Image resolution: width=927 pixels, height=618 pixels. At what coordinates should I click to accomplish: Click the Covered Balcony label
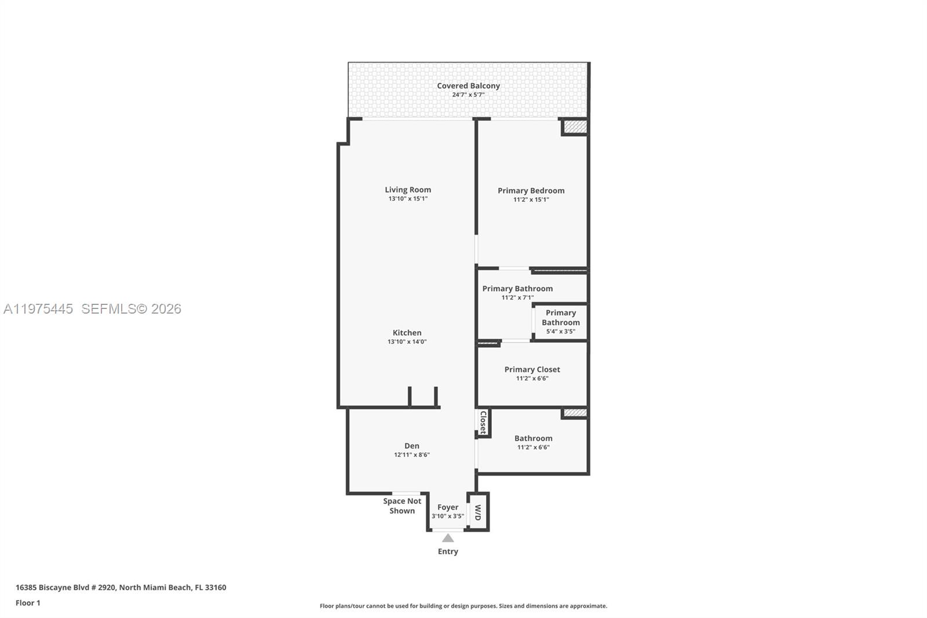pos(468,86)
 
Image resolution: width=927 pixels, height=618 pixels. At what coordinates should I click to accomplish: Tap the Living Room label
pos(408,190)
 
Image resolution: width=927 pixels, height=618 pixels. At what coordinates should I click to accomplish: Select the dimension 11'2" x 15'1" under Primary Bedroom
pos(531,199)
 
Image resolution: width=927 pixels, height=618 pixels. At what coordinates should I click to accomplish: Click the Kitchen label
pos(407,333)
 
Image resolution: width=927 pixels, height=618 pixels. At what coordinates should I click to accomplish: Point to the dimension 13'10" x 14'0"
pos(407,342)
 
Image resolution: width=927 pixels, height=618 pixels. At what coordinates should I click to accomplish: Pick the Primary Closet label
pos(532,369)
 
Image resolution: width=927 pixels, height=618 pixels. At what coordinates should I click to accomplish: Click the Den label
pos(411,446)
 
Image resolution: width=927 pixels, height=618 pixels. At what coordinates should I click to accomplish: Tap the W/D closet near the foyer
pos(478,512)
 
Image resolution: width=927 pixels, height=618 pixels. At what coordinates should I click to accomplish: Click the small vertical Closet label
pos(483,423)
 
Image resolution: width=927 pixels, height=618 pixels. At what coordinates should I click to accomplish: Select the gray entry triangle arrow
pos(448,538)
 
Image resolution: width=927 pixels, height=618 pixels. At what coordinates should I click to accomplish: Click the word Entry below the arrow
pos(448,551)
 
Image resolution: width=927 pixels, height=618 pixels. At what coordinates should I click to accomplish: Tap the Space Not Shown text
pos(402,506)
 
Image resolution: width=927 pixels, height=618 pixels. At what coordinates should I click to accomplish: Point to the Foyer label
pos(448,507)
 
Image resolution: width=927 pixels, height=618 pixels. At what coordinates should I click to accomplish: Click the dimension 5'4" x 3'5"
pos(560,332)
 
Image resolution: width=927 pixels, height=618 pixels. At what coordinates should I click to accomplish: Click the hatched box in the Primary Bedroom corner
pos(575,126)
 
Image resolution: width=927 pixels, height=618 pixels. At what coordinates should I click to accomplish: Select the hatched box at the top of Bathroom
pos(575,413)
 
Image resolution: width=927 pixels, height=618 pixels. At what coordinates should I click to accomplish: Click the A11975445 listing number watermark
pos(38,309)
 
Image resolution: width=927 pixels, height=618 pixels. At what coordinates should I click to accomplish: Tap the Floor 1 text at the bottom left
pos(28,603)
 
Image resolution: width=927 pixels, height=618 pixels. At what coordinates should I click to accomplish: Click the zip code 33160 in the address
pos(216,587)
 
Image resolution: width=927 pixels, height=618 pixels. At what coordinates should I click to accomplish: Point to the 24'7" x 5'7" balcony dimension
pos(468,94)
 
